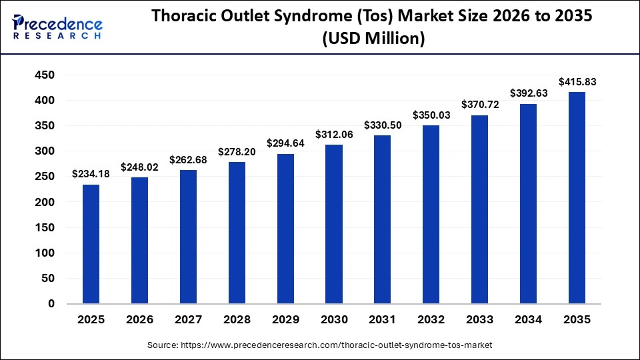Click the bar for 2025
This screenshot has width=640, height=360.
point(91,244)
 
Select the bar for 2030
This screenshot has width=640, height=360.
point(334,224)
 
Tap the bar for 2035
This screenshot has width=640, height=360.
point(577,198)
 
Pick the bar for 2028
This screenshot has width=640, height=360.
point(237,233)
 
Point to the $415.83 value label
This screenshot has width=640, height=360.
point(576,82)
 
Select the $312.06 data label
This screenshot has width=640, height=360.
point(333,135)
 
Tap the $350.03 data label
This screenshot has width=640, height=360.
point(431,115)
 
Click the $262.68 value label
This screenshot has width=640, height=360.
point(187,160)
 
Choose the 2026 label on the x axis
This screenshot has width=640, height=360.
point(139,319)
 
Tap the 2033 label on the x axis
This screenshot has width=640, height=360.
point(479,319)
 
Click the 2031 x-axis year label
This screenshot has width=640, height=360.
point(382,319)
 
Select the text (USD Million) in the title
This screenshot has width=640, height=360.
point(373,39)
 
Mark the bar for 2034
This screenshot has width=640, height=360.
point(528,204)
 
